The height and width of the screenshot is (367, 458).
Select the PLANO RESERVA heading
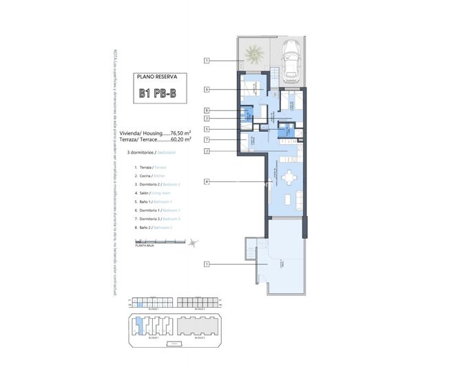pyautogui.click(x=157, y=78)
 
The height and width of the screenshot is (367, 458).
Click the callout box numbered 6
pyautogui.click(x=206, y=89)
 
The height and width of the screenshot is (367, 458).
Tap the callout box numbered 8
pyautogui.click(x=206, y=110)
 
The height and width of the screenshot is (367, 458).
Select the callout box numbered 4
pyautogui.click(x=206, y=181)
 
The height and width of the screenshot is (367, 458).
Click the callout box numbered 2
pyautogui.click(x=206, y=151)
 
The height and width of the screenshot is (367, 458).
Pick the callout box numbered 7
pyautogui.click(x=206, y=140)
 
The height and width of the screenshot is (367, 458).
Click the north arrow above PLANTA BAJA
pyautogui.click(x=194, y=242)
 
